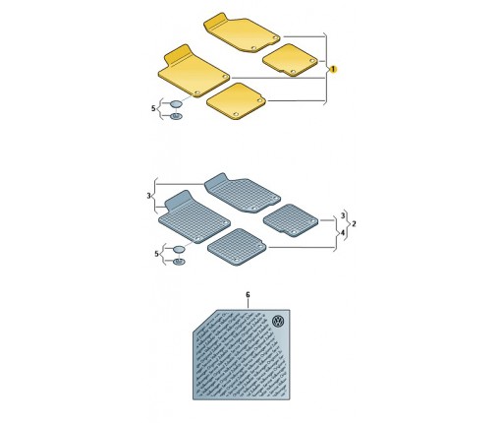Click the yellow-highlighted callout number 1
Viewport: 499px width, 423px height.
(x=333, y=70)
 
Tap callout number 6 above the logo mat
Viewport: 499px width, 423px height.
(x=248, y=295)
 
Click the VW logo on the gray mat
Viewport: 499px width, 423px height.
(x=278, y=322)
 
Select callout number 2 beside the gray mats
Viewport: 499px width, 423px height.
(x=354, y=224)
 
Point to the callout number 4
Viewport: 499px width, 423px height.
(x=343, y=233)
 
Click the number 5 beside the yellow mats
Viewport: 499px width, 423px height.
(x=153, y=108)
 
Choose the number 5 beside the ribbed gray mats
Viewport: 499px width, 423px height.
(x=156, y=254)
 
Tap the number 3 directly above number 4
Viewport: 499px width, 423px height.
(x=343, y=215)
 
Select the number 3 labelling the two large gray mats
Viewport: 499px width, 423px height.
(x=148, y=196)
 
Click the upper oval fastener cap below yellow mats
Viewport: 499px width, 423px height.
(x=176, y=104)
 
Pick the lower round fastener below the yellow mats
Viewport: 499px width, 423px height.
(x=176, y=116)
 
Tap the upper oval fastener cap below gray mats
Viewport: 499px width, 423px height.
(x=179, y=249)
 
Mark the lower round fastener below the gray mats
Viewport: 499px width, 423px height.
(x=179, y=262)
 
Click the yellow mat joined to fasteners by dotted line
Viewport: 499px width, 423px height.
(x=194, y=72)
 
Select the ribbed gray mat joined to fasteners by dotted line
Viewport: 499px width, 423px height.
(x=194, y=218)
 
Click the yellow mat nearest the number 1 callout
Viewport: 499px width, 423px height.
(x=290, y=60)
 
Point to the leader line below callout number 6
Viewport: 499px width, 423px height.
(x=248, y=304)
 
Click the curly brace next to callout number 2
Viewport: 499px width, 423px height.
(x=347, y=224)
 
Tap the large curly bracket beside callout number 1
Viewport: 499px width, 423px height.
(x=325, y=69)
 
